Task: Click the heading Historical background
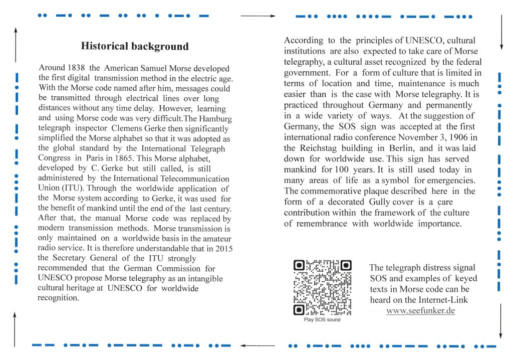135,47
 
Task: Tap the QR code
322,287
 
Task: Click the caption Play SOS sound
322,320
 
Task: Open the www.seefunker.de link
420,311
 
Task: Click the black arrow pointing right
258,16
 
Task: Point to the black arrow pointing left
258,346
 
